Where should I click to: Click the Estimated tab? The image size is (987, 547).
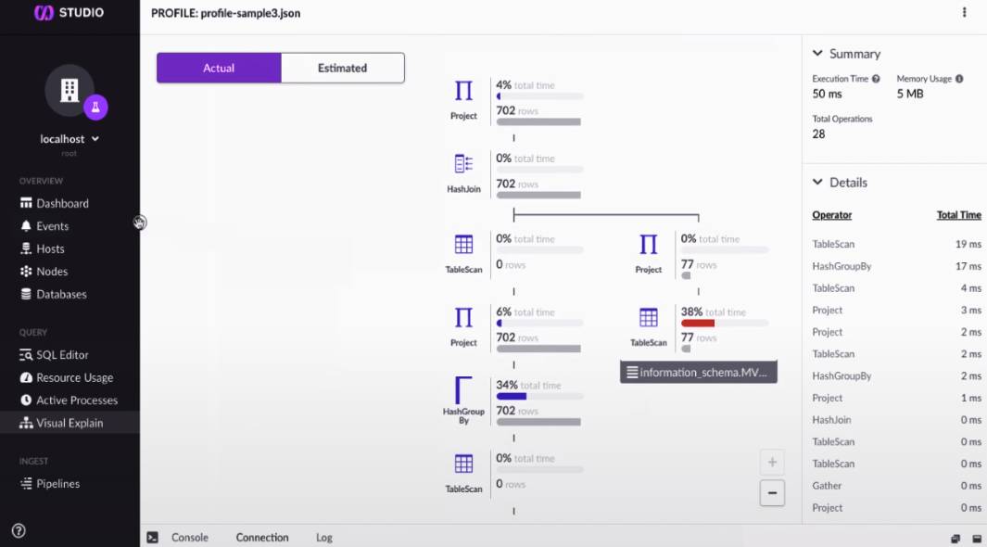[x=342, y=68]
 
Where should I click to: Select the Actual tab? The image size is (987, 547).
[x=219, y=68]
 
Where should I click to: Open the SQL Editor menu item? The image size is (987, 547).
[x=62, y=355]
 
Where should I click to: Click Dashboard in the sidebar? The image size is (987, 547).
[x=62, y=203]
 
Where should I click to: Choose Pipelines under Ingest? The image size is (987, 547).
[x=57, y=484]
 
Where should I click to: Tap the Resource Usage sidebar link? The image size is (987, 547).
[x=74, y=377]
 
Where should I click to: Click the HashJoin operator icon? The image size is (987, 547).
[x=463, y=164]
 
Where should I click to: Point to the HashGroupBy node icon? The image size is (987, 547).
[x=463, y=390]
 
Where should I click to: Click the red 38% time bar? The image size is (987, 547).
[x=698, y=324]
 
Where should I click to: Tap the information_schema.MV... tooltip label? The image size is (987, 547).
[x=699, y=373]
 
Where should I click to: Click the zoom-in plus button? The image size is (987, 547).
[x=772, y=462]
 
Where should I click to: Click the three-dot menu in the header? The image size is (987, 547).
[x=964, y=13]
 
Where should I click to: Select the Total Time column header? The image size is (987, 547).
[x=958, y=215]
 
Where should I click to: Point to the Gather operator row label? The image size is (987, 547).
[x=827, y=486]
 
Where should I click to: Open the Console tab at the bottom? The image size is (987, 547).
[x=189, y=538]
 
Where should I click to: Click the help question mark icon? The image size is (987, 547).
[x=19, y=531]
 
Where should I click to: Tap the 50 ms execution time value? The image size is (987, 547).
[x=826, y=95]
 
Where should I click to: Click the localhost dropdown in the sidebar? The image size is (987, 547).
[x=70, y=139]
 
